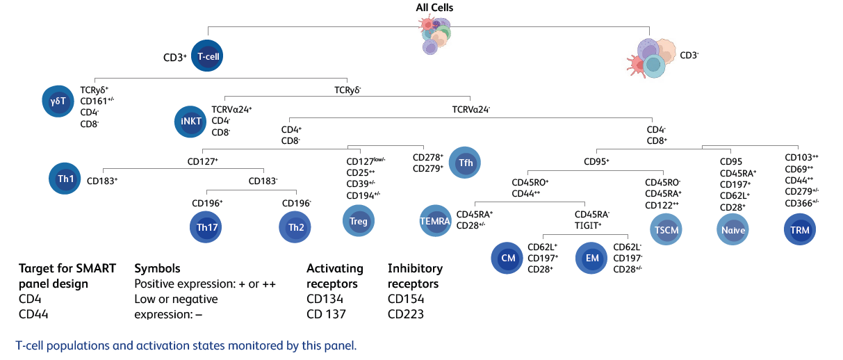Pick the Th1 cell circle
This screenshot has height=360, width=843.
[66, 179]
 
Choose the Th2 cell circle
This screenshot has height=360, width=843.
[295, 227]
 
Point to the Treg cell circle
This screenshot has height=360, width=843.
[359, 222]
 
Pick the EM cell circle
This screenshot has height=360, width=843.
[592, 258]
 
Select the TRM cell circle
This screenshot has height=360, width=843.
[799, 229]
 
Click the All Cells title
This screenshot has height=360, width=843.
[435, 8]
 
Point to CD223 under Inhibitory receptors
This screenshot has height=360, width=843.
[407, 314]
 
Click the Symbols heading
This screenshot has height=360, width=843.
[157, 268]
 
